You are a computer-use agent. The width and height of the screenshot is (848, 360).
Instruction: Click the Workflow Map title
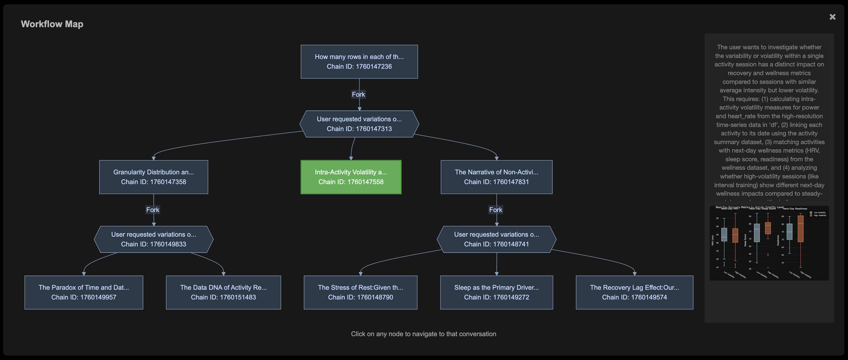52,24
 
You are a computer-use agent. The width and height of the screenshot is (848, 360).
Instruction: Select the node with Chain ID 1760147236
359,62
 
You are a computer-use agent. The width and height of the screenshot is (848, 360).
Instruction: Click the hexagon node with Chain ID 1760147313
359,124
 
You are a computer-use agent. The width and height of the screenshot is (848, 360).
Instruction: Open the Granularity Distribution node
153,177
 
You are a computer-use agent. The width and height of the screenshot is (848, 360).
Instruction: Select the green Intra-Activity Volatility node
351,177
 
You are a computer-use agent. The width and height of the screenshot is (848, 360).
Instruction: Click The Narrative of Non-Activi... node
496,177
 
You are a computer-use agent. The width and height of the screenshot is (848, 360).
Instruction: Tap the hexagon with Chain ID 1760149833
153,239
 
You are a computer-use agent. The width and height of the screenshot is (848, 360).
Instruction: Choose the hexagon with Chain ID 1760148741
496,239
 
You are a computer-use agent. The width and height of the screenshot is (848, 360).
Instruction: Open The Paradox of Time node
84,292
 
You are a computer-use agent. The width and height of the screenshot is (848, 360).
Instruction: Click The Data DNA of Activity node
223,292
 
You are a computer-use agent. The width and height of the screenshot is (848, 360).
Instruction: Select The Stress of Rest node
360,292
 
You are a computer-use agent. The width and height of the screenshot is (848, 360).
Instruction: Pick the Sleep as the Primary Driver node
496,292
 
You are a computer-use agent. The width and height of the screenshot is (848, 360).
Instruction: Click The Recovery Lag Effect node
634,292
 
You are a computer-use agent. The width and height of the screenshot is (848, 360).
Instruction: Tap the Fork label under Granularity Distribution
153,210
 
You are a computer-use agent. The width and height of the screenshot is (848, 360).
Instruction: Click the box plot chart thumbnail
769,243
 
